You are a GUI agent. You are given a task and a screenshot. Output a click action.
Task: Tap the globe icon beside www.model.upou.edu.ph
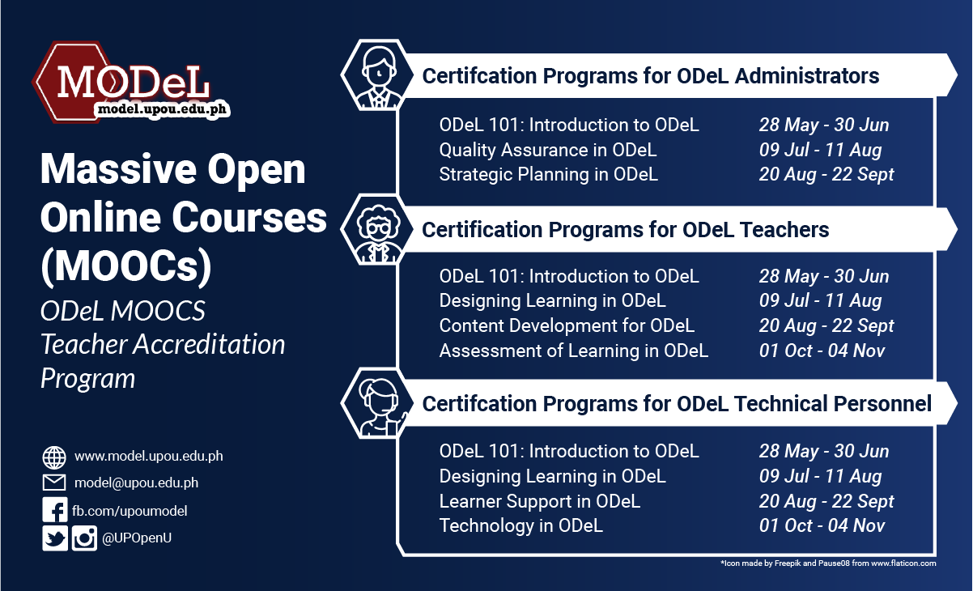coord(54,457)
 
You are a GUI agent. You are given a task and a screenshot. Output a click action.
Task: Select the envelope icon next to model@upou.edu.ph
coord(54,483)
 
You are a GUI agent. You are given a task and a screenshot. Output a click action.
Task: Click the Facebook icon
coord(54,511)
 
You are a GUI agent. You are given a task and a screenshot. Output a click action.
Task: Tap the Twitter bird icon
coord(55,539)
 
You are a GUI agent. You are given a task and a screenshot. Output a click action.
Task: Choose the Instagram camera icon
coord(84,539)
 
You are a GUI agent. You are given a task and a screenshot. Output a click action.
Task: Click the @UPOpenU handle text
coord(136,539)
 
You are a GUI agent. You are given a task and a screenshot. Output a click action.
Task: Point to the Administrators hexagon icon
coord(374,74)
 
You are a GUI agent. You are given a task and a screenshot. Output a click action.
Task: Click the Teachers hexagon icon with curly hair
coord(374,229)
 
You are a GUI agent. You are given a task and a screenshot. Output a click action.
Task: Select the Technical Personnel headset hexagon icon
coord(374,402)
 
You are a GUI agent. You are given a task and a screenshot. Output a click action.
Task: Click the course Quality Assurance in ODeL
coord(548,150)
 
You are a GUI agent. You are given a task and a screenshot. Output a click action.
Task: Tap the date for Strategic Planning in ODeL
coord(826,175)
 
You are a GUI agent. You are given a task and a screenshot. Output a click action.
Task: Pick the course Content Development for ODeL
coord(567,325)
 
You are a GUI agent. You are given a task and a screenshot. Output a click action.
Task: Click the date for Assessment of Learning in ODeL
coord(822,351)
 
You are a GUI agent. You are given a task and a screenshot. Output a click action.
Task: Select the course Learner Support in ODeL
coord(540,501)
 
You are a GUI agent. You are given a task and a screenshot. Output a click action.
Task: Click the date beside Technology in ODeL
coord(822,526)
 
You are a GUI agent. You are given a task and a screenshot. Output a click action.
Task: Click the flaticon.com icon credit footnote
coord(827,563)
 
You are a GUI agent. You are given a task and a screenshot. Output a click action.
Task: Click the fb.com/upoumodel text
coord(130,511)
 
